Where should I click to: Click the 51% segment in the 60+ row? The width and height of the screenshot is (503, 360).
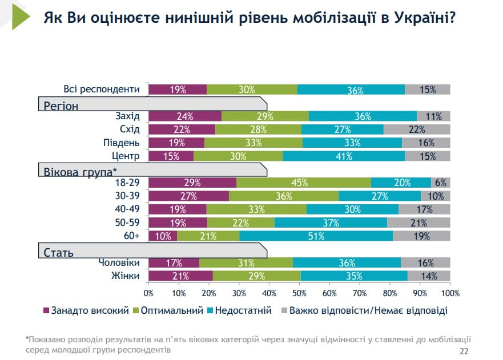point(316,236)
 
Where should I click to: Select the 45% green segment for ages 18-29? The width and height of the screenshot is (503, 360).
point(303,183)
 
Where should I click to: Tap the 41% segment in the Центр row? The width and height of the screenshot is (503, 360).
point(344,156)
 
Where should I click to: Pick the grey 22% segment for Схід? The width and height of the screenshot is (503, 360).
point(417,130)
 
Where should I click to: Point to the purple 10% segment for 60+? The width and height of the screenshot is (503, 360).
point(163,236)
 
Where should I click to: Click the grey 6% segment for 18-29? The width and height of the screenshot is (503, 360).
point(440,183)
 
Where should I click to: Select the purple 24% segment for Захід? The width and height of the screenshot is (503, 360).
point(185,116)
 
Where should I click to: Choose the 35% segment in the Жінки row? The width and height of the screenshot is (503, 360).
point(354,276)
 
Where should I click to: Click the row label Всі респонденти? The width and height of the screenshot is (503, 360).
point(102,90)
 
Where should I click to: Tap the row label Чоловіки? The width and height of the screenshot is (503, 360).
point(119,263)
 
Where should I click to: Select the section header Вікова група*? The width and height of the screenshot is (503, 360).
point(80,170)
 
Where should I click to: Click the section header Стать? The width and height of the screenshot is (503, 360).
point(59,252)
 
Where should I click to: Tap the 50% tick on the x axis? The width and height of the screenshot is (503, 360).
point(299,293)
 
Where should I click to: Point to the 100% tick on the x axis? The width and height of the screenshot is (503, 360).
point(450,293)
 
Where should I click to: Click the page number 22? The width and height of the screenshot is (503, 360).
point(464,350)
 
